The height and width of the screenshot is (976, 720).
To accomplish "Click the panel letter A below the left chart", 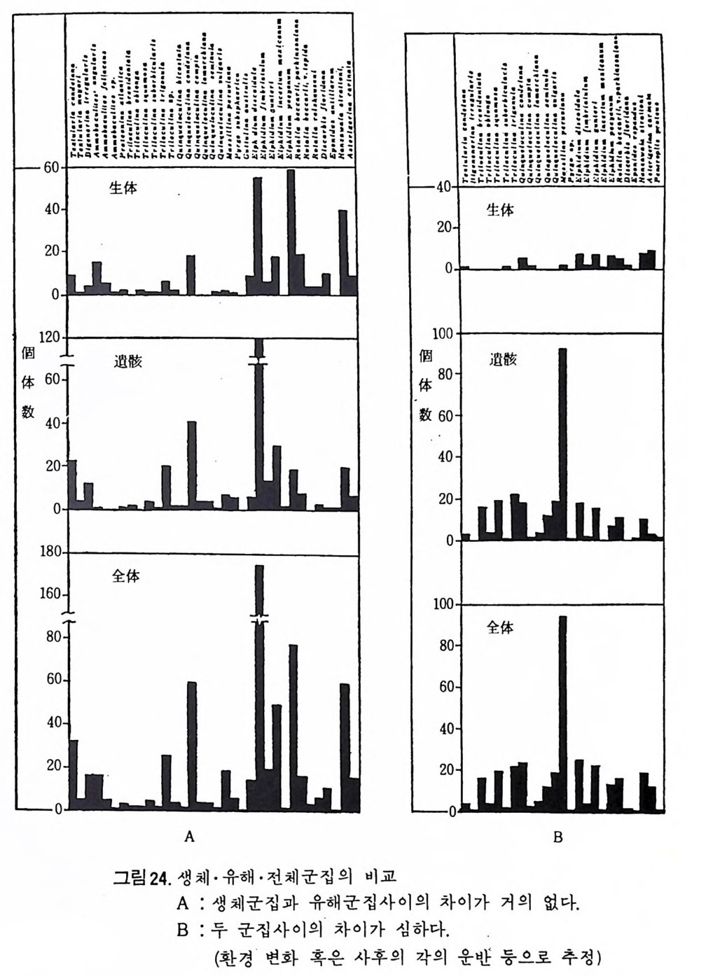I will pos(188,835).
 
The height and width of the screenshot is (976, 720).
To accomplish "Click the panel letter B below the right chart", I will pos(558,837).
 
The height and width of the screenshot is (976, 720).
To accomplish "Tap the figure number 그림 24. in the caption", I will pos(142,877).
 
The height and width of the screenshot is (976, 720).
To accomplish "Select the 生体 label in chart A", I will pos(123,188).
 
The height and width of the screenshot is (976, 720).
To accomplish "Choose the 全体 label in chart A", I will pos(126,576).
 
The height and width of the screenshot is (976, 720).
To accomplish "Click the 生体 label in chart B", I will pos(500,209).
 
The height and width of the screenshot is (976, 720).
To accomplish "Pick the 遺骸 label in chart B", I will pos(503,360).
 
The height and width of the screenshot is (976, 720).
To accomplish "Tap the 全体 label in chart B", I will pos(500,627).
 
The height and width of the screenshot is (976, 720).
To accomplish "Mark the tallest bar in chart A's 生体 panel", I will pos(291,231).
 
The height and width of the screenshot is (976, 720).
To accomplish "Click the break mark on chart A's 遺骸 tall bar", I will pos(258,359).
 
